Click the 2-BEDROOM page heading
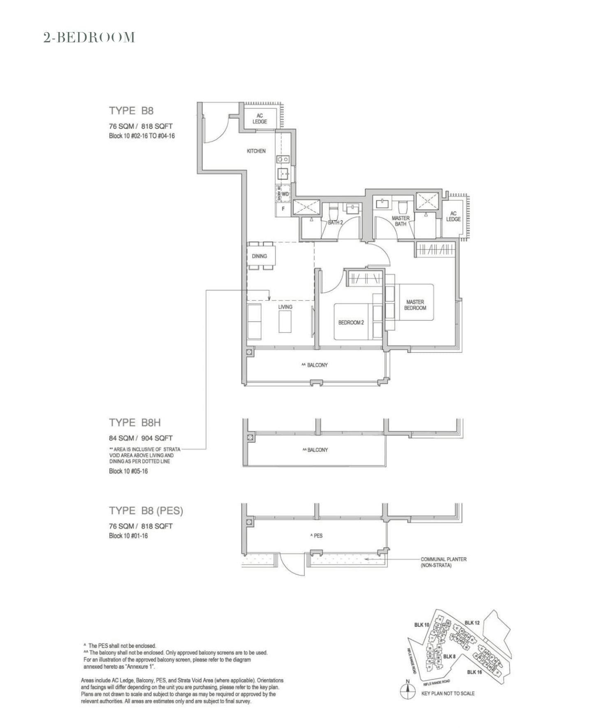(89, 37)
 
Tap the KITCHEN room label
(256, 151)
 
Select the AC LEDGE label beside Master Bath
(453, 217)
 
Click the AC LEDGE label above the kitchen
(259, 119)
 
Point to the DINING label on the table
(259, 256)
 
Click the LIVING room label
(285, 307)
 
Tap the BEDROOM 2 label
(351, 323)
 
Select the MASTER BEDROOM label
(415, 305)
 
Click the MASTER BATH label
(401, 221)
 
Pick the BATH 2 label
(335, 223)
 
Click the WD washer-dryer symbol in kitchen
(285, 194)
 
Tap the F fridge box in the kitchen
(283, 209)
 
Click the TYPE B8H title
(135, 422)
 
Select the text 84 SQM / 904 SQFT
(141, 438)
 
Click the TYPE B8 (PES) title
(146, 511)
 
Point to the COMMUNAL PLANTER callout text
(443, 562)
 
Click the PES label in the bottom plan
(317, 536)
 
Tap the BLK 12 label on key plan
(472, 623)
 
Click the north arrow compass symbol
(407, 692)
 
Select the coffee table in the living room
(285, 322)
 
